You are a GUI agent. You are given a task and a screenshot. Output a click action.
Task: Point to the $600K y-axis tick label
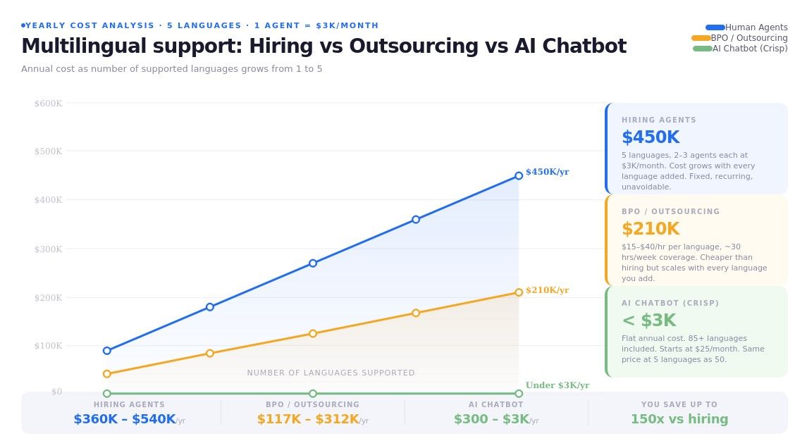[48, 104]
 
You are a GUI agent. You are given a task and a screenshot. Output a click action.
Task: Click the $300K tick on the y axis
[48, 249]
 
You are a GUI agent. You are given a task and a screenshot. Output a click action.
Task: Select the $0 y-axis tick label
[56, 392]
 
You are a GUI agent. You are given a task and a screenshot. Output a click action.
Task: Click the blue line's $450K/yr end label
[547, 172]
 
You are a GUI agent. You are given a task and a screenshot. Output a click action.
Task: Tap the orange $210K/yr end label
[547, 290]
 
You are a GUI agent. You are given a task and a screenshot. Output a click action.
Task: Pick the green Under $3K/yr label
[557, 385]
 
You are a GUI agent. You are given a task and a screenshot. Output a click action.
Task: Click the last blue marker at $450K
[519, 175]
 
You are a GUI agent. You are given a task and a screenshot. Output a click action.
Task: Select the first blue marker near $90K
[107, 351]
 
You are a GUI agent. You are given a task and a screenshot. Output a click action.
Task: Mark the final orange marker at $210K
[519, 292]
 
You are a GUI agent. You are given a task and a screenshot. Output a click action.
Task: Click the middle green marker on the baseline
[313, 394]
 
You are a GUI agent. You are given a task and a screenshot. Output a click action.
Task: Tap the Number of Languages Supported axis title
[331, 373]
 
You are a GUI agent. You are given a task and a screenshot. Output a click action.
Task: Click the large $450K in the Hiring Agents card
[650, 137]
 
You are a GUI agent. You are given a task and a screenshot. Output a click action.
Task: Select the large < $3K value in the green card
[648, 321]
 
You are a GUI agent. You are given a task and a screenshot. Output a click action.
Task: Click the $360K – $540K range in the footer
[124, 419]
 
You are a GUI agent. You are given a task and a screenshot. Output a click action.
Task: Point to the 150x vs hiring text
[679, 419]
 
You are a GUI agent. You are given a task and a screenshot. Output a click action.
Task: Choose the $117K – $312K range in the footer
[307, 419]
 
